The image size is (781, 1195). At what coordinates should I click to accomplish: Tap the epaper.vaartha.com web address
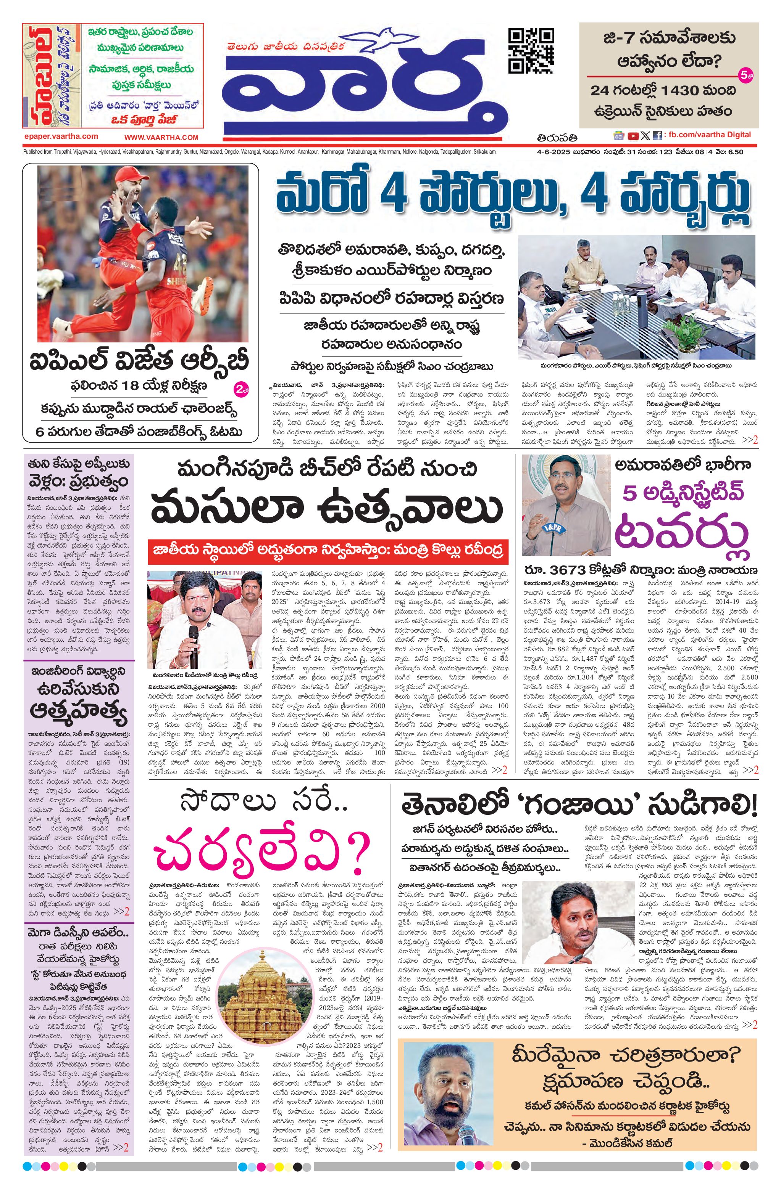[60, 136]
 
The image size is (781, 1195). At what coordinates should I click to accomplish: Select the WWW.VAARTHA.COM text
[161, 137]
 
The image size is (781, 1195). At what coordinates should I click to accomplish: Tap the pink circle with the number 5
[745, 76]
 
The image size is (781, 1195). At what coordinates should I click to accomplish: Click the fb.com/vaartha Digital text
[708, 135]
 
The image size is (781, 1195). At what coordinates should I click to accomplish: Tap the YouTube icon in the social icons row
[632, 136]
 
